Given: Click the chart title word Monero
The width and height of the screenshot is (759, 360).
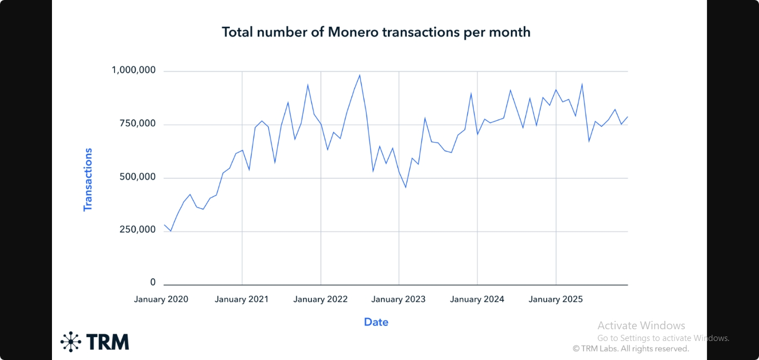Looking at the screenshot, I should (353, 32).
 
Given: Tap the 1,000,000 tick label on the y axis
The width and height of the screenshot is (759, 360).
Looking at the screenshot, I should (134, 70).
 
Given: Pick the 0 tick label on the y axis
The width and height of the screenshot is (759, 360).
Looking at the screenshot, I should (153, 283).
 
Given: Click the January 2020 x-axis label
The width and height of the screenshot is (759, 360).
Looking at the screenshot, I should (161, 300).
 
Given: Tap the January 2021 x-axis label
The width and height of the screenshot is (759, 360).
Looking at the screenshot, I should (241, 300).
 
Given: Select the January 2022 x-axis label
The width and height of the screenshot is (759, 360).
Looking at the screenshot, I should (320, 300).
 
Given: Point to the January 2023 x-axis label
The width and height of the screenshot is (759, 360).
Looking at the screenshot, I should (399, 300).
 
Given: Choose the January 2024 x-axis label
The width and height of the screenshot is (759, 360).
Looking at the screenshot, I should (477, 300).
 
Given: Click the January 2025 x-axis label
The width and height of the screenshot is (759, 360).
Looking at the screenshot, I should (556, 300).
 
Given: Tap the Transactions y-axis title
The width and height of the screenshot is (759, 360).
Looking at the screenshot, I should (88, 179).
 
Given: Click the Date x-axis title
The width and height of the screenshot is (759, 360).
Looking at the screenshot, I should (376, 322).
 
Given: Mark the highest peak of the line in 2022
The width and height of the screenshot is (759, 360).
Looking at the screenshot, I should (359, 75).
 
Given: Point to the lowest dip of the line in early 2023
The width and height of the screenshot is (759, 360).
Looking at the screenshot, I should (406, 187).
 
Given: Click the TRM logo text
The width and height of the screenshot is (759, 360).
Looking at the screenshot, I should (108, 342).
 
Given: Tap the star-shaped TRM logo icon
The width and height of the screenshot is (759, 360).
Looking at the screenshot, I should (71, 342).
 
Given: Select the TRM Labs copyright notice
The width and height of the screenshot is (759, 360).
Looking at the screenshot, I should (631, 349).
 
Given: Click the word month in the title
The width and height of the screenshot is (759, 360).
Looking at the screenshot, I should (510, 32).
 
